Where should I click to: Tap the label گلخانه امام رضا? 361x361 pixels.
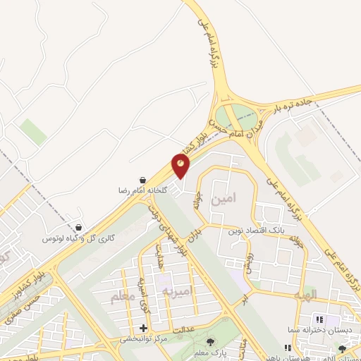coord(144,190)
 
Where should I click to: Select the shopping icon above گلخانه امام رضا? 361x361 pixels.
coord(143,180)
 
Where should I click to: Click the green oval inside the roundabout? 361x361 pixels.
coord(236,116)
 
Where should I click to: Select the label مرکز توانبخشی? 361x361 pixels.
coord(144,339)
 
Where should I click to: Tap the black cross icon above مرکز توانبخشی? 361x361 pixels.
coord(144,328)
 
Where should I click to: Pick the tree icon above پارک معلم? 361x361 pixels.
coord(209,343)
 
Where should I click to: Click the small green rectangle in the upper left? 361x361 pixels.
coord(32,131)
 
